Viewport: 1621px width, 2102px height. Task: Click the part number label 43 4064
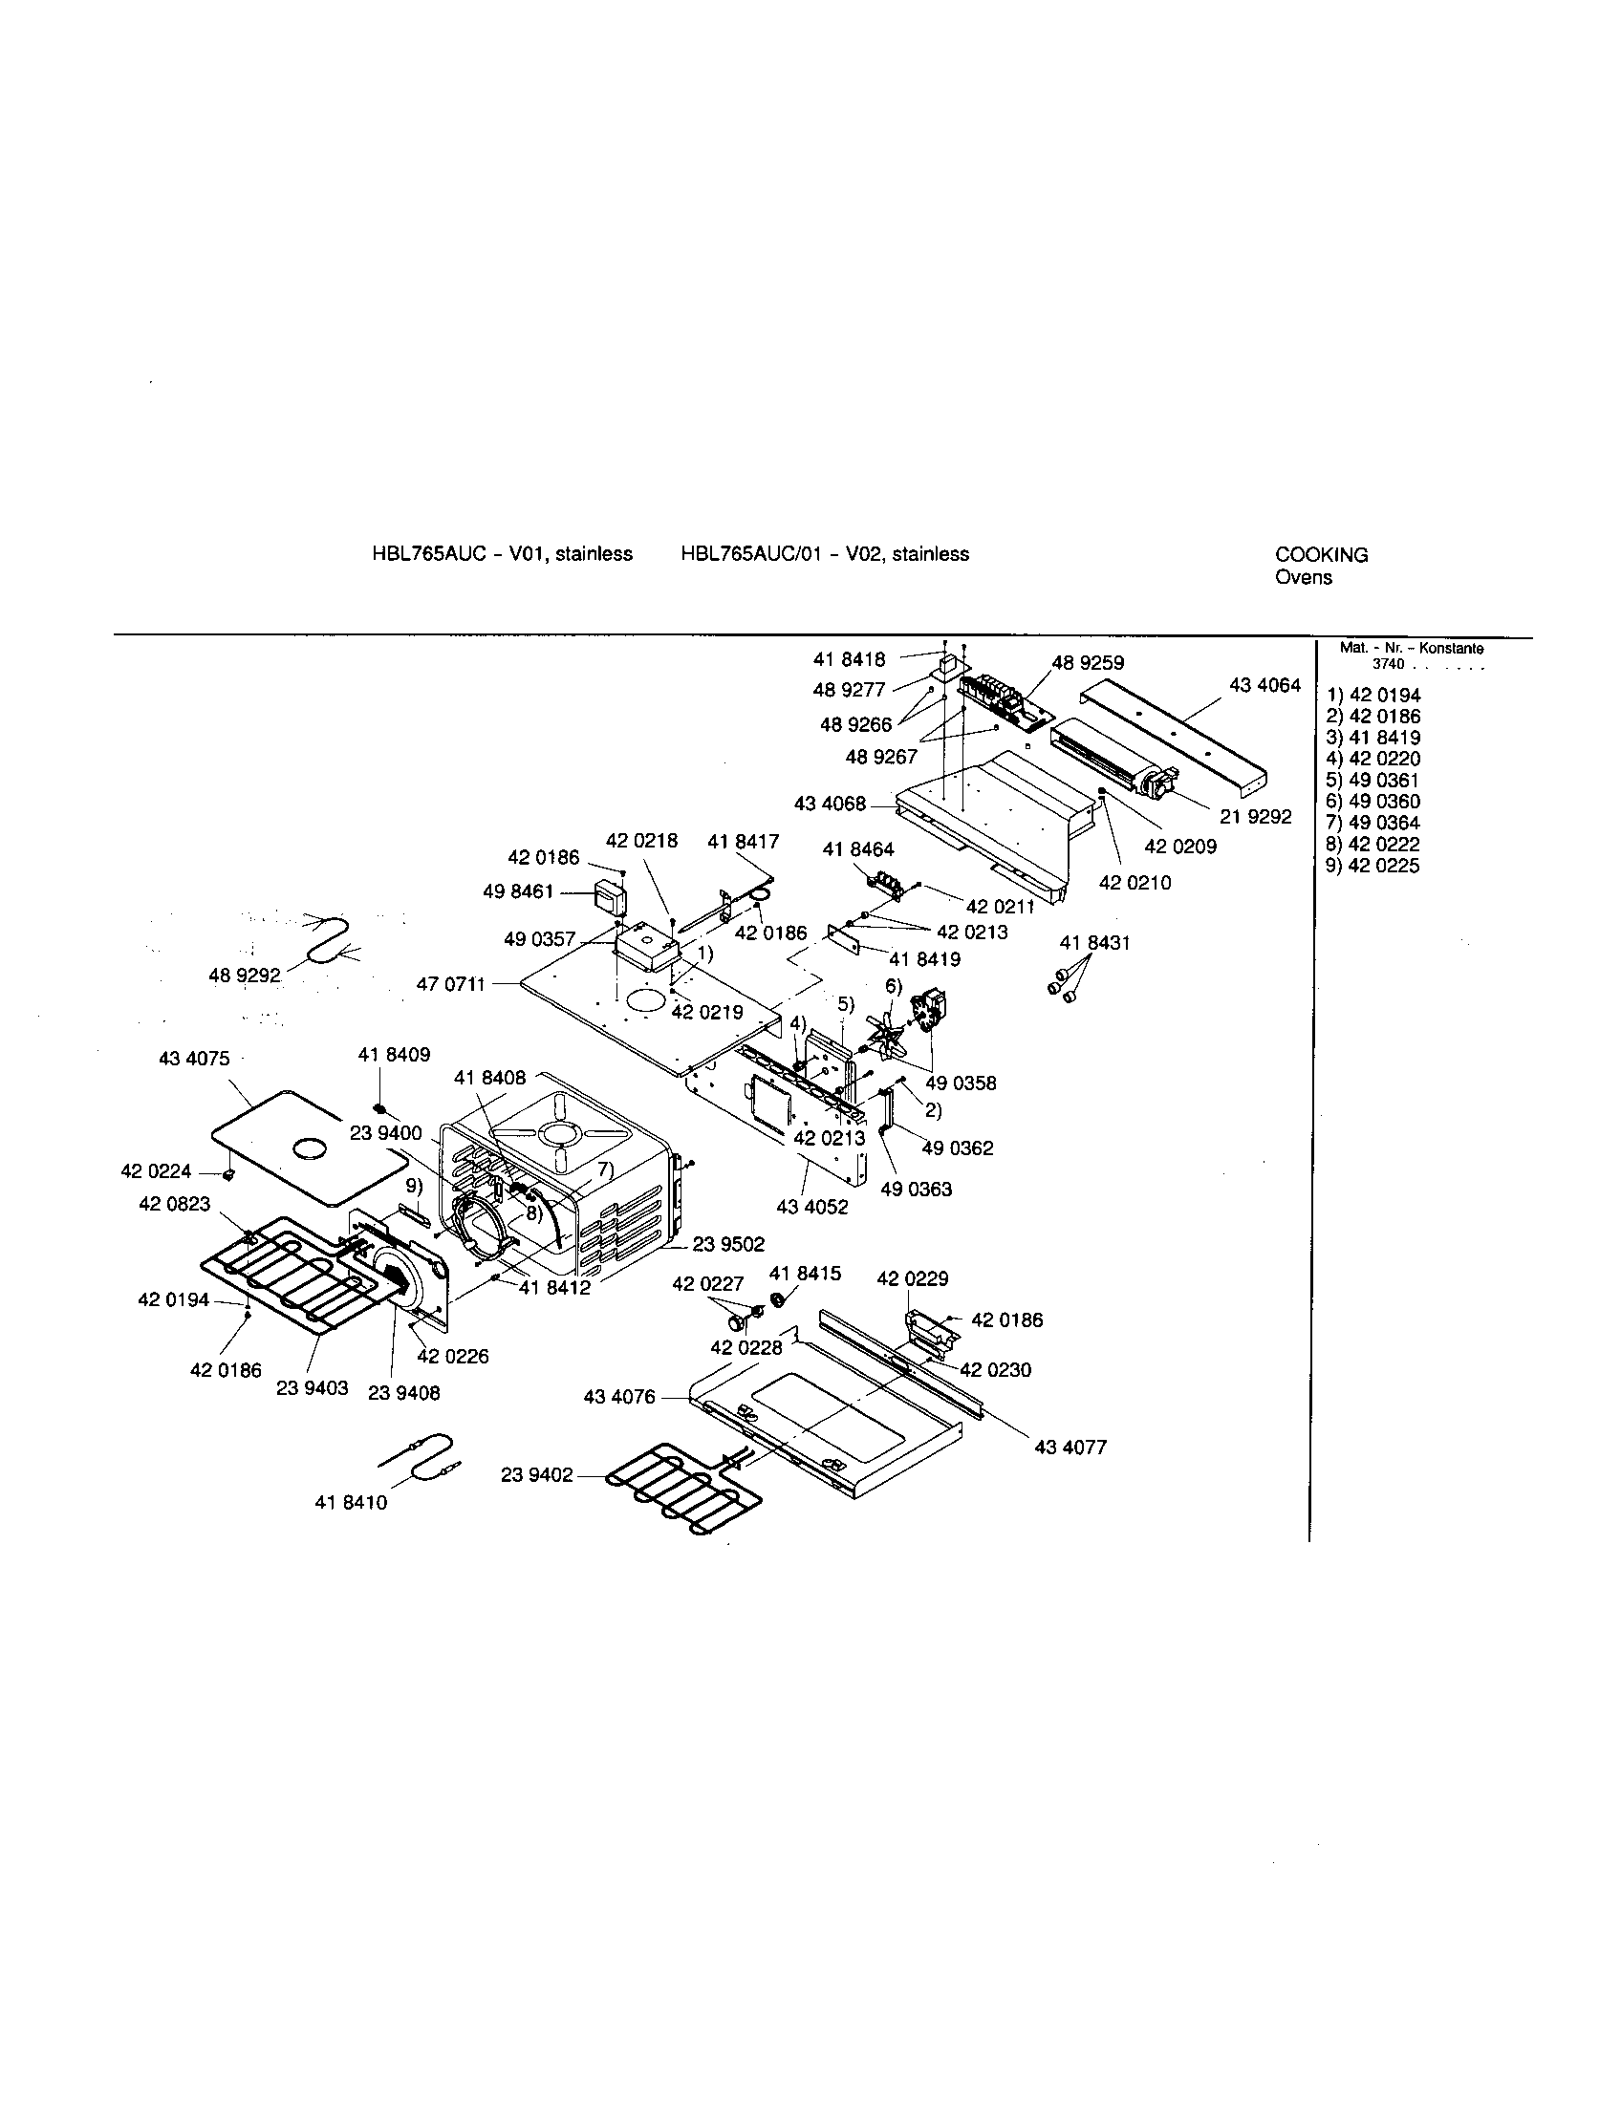(x=1264, y=685)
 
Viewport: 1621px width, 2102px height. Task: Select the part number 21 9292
(x=1255, y=817)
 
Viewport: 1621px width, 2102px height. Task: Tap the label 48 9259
(x=1088, y=663)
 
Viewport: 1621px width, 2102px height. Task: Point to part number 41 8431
(x=1094, y=942)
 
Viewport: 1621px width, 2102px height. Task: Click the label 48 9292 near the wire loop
(x=245, y=976)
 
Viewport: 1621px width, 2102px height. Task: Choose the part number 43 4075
(x=193, y=1059)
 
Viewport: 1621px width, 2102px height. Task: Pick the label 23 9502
(x=728, y=1244)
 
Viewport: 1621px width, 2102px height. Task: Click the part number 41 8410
(x=351, y=1502)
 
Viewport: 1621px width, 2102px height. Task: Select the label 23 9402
(x=536, y=1474)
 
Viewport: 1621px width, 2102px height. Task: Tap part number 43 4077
(x=1070, y=1447)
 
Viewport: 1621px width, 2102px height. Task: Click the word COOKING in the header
(x=1321, y=555)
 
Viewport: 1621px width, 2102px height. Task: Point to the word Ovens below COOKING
(x=1304, y=577)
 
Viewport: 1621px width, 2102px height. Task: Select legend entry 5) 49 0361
(x=1372, y=781)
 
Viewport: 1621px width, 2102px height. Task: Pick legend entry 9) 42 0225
(x=1372, y=866)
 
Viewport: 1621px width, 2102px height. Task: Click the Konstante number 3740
(x=1388, y=664)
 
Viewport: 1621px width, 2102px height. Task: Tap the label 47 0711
(x=451, y=984)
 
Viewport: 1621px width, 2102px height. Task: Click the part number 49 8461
(x=518, y=892)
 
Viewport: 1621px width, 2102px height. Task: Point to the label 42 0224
(x=156, y=1171)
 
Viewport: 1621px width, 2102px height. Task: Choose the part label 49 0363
(x=916, y=1190)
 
